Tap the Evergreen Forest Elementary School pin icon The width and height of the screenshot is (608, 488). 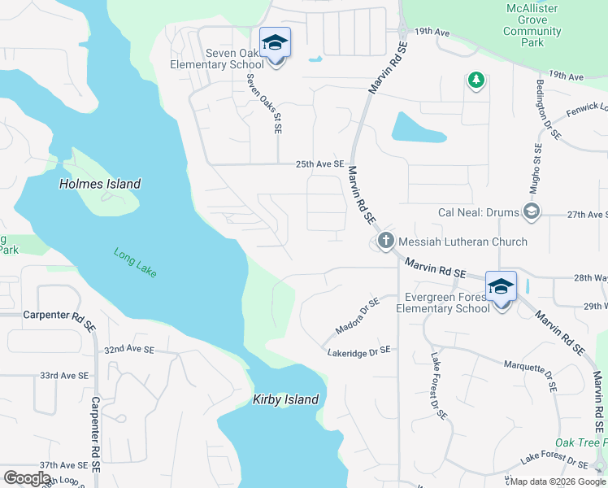501,287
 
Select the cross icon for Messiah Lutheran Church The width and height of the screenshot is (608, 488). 385,241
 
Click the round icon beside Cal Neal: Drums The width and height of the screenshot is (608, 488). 532,212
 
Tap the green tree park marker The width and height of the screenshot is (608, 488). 476,80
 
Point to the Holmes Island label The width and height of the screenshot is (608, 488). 100,184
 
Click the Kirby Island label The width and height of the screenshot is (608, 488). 285,399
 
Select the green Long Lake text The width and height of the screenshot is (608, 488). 136,262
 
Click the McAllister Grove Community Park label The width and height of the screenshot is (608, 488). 532,26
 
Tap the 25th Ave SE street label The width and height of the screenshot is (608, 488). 320,163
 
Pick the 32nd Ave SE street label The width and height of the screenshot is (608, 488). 129,349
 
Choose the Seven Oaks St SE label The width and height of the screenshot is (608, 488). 265,104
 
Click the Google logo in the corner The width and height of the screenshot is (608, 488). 27,478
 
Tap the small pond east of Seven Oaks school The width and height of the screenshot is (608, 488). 315,59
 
